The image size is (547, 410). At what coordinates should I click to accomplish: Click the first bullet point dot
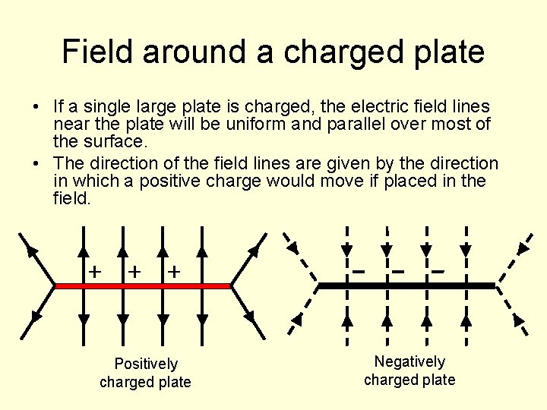(x=36, y=106)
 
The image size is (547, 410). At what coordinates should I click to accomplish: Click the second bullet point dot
(x=36, y=163)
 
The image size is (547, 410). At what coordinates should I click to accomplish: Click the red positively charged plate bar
(x=142, y=286)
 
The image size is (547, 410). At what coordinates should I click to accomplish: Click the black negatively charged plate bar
(x=406, y=285)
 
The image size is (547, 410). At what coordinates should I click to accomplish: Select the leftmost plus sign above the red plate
(x=95, y=270)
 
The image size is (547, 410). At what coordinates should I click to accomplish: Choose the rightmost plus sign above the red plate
(x=174, y=270)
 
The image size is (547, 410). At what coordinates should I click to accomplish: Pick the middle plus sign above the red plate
(x=134, y=270)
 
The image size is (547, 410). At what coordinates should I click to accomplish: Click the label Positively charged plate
(x=145, y=373)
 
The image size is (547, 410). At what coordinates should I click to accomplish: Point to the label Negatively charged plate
(x=409, y=371)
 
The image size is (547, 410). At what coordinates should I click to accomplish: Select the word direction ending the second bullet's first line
(x=461, y=163)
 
